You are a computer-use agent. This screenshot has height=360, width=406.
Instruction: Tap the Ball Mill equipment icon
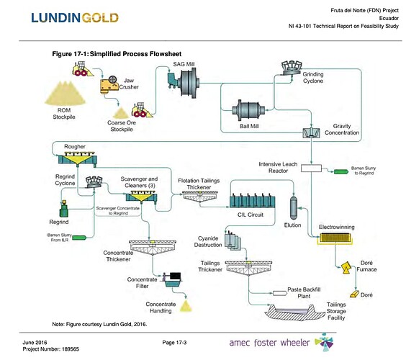[248, 112]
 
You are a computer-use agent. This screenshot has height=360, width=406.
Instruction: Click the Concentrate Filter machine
[173, 280]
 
